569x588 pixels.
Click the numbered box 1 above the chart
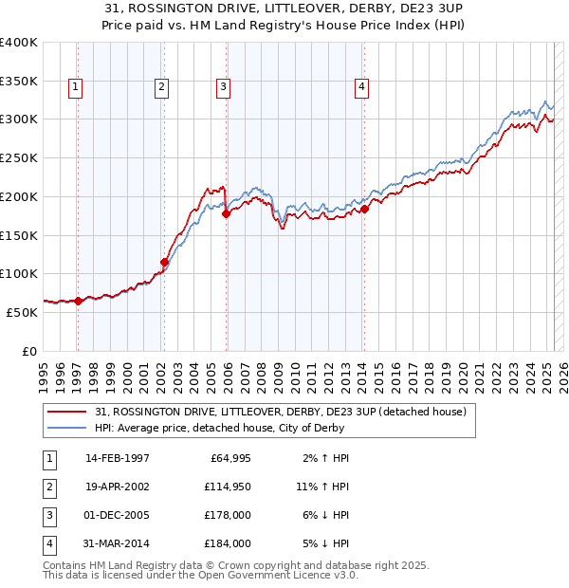coord(75,87)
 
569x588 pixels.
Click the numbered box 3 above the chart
coord(223,87)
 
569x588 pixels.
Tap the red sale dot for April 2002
coord(164,262)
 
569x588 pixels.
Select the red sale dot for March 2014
coord(364,209)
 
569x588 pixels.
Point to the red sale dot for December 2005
coord(226,214)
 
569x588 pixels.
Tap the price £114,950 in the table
coord(226,487)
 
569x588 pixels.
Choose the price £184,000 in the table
coord(226,544)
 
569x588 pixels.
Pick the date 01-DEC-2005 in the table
coord(118,516)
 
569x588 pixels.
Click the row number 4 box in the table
coord(48,544)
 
